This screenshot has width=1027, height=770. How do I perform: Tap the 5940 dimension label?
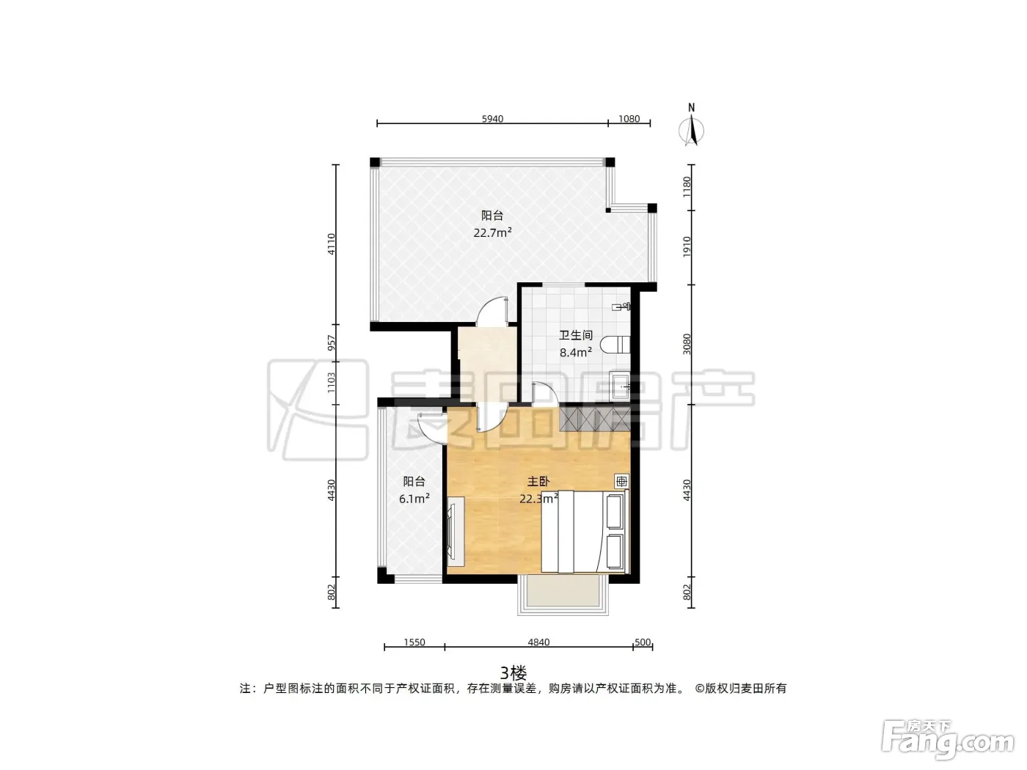point(492,119)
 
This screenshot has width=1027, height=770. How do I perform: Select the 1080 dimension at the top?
point(629,119)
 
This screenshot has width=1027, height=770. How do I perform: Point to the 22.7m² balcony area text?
point(492,232)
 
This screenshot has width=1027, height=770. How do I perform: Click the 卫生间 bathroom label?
point(576,334)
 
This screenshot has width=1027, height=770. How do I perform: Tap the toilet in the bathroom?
point(615,345)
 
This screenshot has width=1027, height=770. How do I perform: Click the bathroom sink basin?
point(621,386)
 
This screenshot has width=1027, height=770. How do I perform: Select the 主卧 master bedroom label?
point(538,481)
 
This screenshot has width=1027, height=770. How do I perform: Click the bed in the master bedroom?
point(585,531)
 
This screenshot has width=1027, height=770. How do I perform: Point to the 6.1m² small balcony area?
point(414,499)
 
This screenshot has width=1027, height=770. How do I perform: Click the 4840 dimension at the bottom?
point(538,642)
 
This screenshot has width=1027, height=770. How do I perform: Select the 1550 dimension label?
point(414,642)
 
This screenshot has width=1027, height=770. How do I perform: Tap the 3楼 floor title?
point(513,673)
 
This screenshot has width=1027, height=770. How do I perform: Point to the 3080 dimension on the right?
point(687,344)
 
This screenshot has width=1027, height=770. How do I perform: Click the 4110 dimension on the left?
point(332,244)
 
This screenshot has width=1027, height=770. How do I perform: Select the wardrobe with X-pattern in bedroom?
point(595,419)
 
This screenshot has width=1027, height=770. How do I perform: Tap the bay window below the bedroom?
point(563,595)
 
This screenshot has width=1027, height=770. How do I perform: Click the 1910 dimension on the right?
point(687,247)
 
